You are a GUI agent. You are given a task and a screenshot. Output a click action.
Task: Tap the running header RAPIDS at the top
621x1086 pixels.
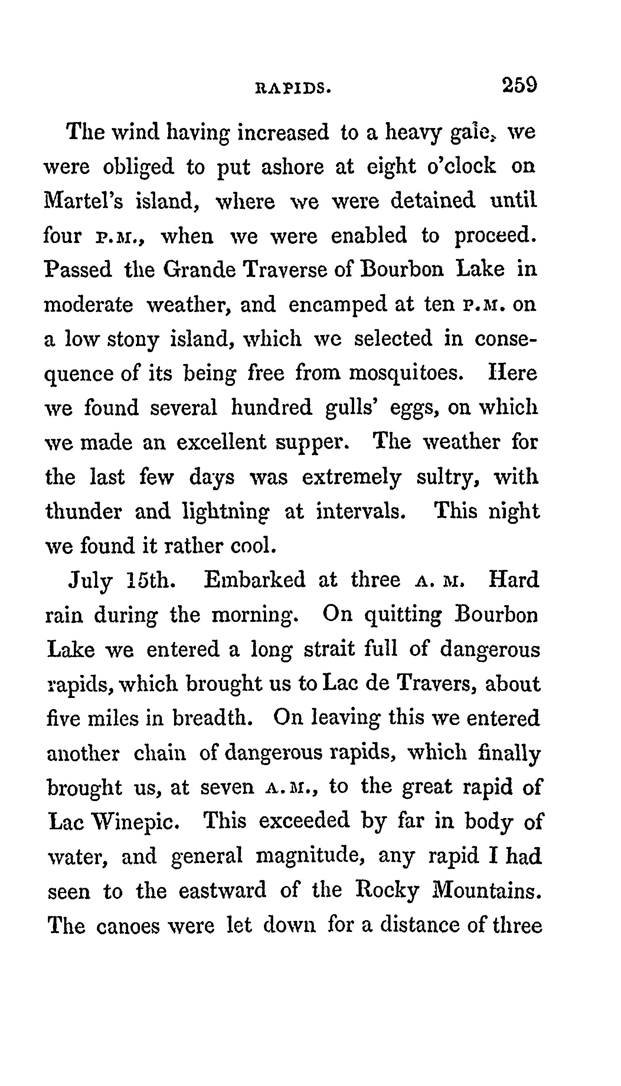coord(292,88)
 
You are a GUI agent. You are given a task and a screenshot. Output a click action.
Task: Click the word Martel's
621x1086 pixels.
coord(84,201)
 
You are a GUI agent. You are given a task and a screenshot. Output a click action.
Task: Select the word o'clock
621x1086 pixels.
coord(461,166)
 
